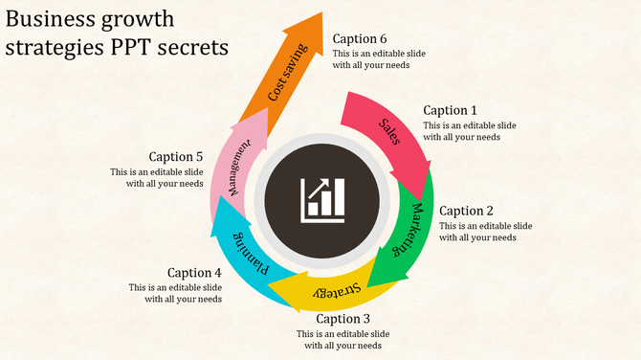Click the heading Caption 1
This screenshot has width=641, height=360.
450,110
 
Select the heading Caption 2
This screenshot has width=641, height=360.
466,211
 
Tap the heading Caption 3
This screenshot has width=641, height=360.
343,319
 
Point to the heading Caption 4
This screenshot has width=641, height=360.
194,272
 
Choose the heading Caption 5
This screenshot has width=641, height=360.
176,156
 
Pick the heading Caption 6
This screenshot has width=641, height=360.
360,38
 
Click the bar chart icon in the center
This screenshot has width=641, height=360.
321,198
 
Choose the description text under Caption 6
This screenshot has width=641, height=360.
380,59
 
